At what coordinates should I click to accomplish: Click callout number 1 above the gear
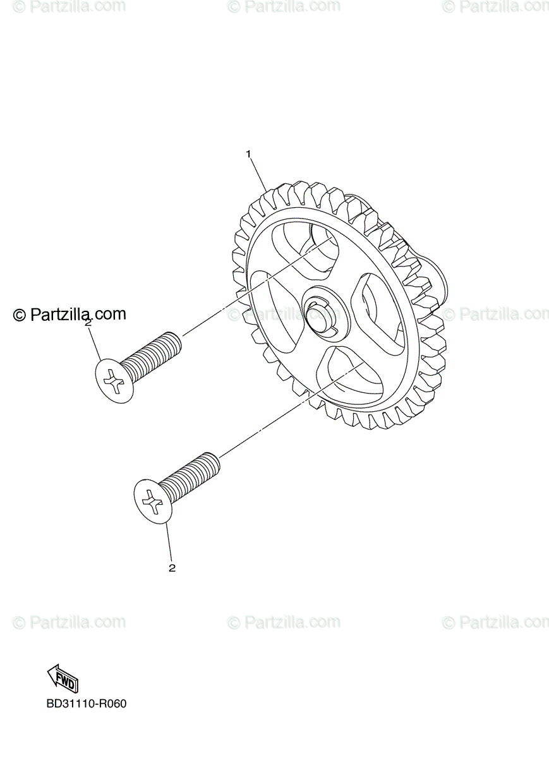[x=249, y=154]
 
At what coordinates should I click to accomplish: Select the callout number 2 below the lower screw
[x=172, y=568]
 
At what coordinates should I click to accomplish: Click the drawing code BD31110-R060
[x=87, y=704]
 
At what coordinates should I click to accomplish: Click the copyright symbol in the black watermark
[x=20, y=315]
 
